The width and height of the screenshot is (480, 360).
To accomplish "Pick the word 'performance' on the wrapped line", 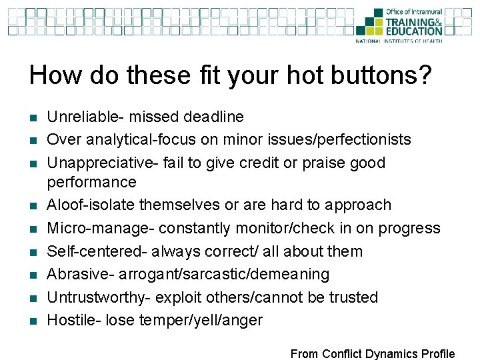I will (91, 182).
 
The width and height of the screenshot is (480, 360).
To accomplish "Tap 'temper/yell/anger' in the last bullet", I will (201, 321).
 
